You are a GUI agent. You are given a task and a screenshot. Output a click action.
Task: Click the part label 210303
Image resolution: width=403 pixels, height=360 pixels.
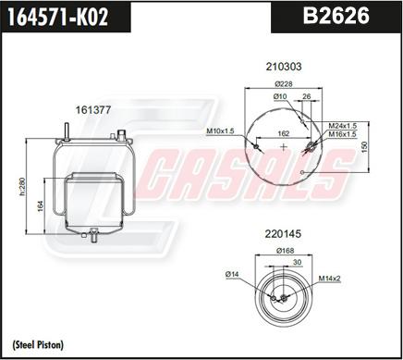(x=284, y=66)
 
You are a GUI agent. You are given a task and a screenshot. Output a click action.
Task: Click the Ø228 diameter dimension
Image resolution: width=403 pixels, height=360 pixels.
(x=284, y=85)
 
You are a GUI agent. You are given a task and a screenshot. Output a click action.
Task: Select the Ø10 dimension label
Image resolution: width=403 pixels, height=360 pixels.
(x=280, y=97)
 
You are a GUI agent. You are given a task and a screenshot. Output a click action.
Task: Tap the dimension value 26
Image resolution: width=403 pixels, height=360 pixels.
(x=306, y=97)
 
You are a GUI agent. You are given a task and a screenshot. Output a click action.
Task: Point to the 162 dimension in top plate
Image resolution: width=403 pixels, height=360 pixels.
(x=284, y=133)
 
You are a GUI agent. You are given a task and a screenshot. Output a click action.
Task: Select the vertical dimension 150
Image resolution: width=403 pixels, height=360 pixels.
(x=365, y=145)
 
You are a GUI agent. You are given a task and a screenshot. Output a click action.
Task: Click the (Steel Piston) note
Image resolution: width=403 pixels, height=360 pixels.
(x=38, y=344)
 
